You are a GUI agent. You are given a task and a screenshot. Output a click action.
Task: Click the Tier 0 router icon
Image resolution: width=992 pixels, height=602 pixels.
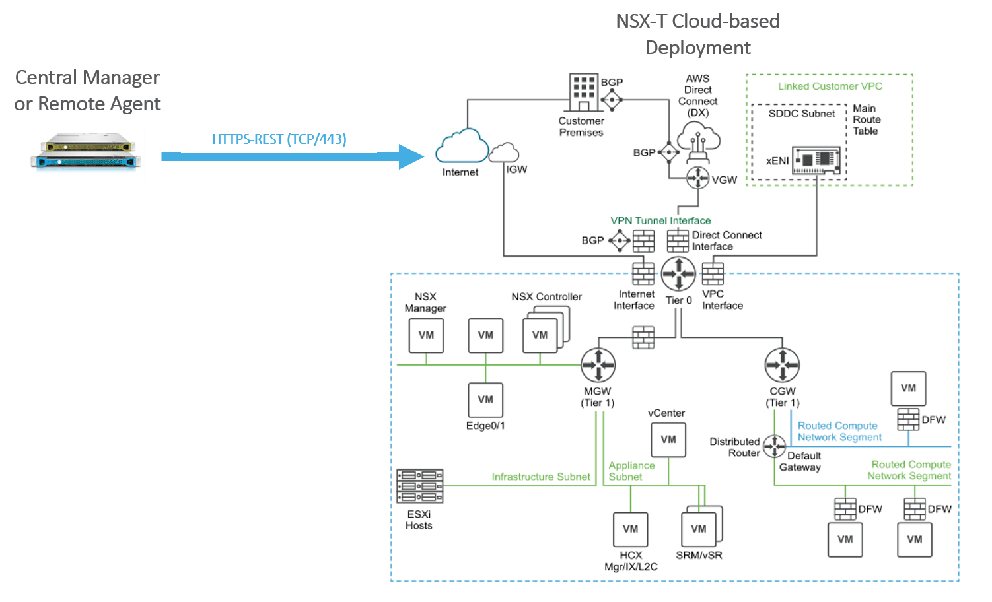pos(678,273)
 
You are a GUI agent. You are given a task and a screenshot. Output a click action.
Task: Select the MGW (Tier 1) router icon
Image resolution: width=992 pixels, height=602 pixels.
pos(598,364)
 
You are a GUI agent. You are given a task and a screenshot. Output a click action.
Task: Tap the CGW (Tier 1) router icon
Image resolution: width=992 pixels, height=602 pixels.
pos(782,364)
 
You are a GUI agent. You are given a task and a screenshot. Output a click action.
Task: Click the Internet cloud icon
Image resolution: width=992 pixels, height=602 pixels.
pos(462,147)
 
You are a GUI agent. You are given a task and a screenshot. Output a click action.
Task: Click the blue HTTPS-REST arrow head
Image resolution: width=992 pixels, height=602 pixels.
pos(411,156)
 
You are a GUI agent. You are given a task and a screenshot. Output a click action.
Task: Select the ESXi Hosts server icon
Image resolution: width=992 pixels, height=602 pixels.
pos(419,486)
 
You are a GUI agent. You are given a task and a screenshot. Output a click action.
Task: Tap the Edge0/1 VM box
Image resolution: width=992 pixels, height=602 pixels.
pos(485,400)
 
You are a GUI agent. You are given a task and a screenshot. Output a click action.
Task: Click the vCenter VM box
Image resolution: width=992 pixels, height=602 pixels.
pos(668,440)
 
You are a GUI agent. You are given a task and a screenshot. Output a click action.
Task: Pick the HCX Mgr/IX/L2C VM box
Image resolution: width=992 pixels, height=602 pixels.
pos(631,529)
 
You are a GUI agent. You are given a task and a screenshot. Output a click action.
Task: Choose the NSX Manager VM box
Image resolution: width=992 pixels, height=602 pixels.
pos(426,335)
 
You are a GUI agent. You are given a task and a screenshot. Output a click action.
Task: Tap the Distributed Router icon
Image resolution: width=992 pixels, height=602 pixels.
pos(774,446)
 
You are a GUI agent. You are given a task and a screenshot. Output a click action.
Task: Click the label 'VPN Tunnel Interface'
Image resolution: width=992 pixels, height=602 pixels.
pos(660,220)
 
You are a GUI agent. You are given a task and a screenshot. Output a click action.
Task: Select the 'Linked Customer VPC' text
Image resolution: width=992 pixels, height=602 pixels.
pos(830,86)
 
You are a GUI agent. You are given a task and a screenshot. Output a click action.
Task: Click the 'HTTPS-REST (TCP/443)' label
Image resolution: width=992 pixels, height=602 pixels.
pos(279,139)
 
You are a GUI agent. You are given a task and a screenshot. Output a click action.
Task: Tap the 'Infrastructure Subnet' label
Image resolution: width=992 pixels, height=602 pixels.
pos(540,477)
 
